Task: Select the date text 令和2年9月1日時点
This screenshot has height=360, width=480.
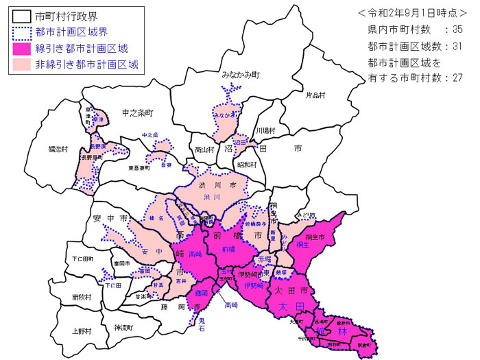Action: pyautogui.click(x=411, y=13)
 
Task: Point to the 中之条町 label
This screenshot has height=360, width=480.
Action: pyautogui.click(x=136, y=111)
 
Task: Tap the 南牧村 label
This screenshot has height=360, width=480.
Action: pyautogui.click(x=81, y=297)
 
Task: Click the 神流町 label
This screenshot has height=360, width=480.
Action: pyautogui.click(x=127, y=327)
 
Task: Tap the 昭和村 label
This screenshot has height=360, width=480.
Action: pyautogui.click(x=246, y=165)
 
